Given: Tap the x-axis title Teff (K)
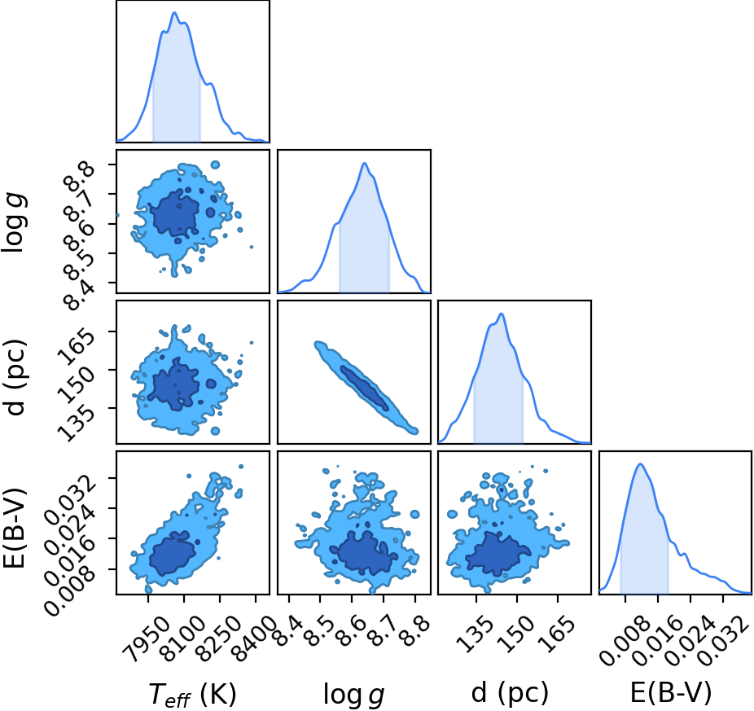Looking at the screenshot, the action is [x=192, y=694].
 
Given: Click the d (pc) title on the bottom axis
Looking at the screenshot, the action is [x=510, y=693].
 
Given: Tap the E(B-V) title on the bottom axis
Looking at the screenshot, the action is [x=671, y=693].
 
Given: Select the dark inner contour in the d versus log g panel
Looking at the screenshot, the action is [x=364, y=388].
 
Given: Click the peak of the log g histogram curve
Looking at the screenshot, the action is [x=365, y=163].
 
